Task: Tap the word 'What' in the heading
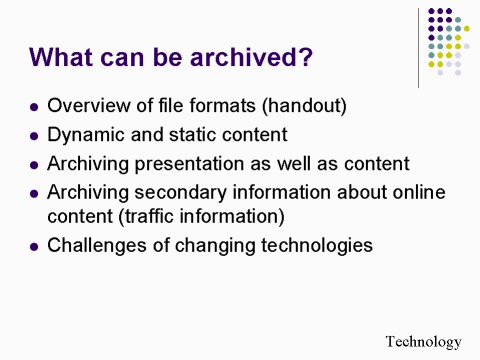(63, 56)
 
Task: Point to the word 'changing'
(213, 244)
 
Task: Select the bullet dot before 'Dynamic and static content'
(36, 132)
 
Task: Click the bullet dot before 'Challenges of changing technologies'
(36, 245)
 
